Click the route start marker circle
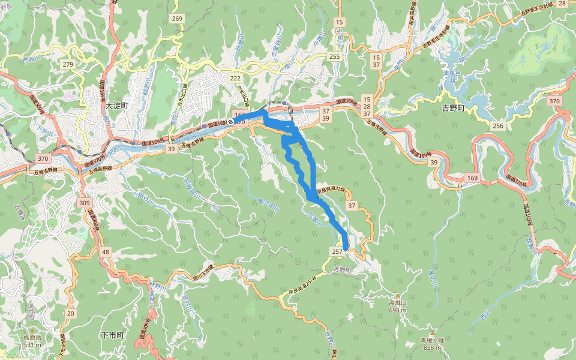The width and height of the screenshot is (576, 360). (x=230, y=122)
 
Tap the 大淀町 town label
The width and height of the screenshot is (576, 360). (x=117, y=105)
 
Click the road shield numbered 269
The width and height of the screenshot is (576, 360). (x=176, y=19)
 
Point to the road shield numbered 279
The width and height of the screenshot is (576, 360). (x=67, y=64)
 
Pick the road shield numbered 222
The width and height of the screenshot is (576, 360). (x=235, y=79)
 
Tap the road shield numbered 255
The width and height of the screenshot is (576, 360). (x=334, y=56)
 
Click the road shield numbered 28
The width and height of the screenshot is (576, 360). (x=562, y=4)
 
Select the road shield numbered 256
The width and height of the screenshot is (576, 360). (x=497, y=125)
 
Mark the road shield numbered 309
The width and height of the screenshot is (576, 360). (x=85, y=203)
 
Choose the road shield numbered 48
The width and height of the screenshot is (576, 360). (x=106, y=251)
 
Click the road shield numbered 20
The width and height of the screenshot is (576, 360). (x=71, y=313)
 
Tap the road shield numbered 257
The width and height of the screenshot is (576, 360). (x=337, y=251)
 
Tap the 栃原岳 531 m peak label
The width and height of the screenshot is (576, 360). (x=32, y=341)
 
